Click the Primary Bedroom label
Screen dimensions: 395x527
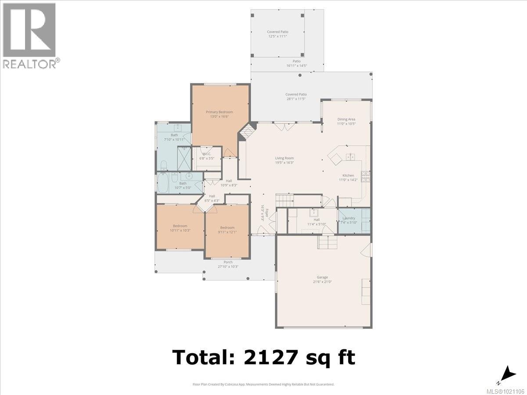click(219, 112)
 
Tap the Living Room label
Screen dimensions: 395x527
click(284, 158)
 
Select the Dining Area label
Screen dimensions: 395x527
click(346, 119)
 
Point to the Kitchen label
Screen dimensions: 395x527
click(348, 176)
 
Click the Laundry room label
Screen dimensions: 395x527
click(349, 218)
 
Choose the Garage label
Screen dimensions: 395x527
click(322, 277)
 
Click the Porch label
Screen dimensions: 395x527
click(228, 262)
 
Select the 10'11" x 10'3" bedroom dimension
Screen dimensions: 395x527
click(180, 230)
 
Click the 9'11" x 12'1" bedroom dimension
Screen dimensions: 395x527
click(227, 232)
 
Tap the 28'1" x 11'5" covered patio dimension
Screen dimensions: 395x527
click(296, 99)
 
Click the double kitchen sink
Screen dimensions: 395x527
click(350, 156)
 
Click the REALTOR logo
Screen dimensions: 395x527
click(29, 36)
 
